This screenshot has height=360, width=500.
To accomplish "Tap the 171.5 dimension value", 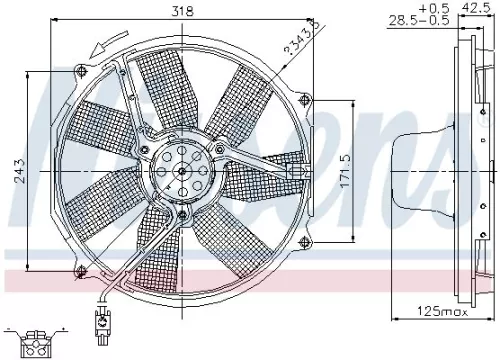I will (x=344, y=172).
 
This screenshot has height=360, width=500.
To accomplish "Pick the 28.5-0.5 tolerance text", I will (x=417, y=20).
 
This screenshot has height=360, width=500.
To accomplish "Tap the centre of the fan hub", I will (x=182, y=172).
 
